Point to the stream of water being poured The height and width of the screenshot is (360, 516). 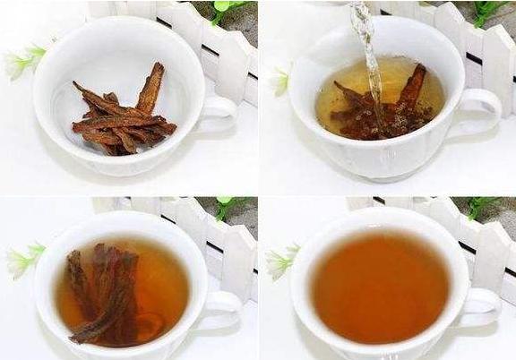point(367,54)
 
